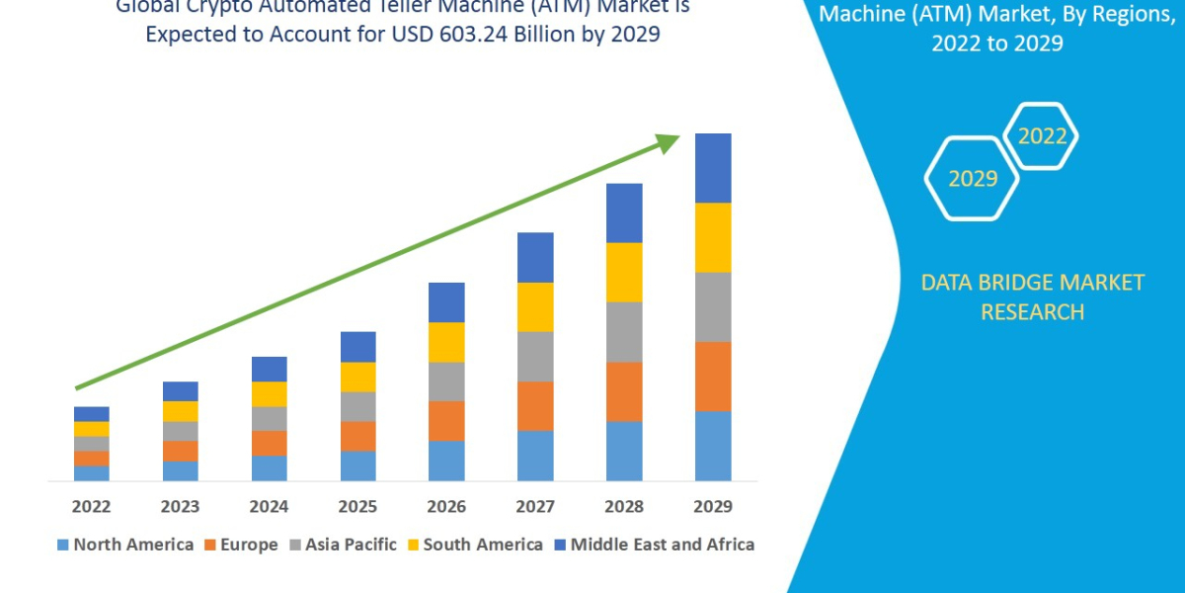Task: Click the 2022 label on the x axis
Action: pyautogui.click(x=91, y=507)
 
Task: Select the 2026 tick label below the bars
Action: pyautogui.click(x=446, y=507)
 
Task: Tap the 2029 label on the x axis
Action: pyautogui.click(x=713, y=507)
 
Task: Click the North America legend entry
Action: pyautogui.click(x=124, y=545)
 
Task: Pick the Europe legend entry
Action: pyautogui.click(x=241, y=545)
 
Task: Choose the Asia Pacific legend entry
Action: pyautogui.click(x=342, y=545)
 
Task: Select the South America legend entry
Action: pyautogui.click(x=474, y=545)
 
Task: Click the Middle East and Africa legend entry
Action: pyautogui.click(x=653, y=545)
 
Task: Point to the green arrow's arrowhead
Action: pyautogui.click(x=670, y=142)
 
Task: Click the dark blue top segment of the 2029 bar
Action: pyautogui.click(x=713, y=168)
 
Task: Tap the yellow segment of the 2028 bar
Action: pyautogui.click(x=624, y=272)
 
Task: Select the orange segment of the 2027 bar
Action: pyautogui.click(x=535, y=405)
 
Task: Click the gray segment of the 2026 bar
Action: pyautogui.click(x=446, y=381)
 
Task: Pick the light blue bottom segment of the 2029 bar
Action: pyautogui.click(x=713, y=446)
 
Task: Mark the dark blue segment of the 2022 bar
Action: pyautogui.click(x=91, y=413)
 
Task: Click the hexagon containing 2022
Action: pyautogui.click(x=1041, y=137)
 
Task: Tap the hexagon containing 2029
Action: pyautogui.click(x=972, y=179)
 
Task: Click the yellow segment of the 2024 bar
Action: pyautogui.click(x=269, y=393)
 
